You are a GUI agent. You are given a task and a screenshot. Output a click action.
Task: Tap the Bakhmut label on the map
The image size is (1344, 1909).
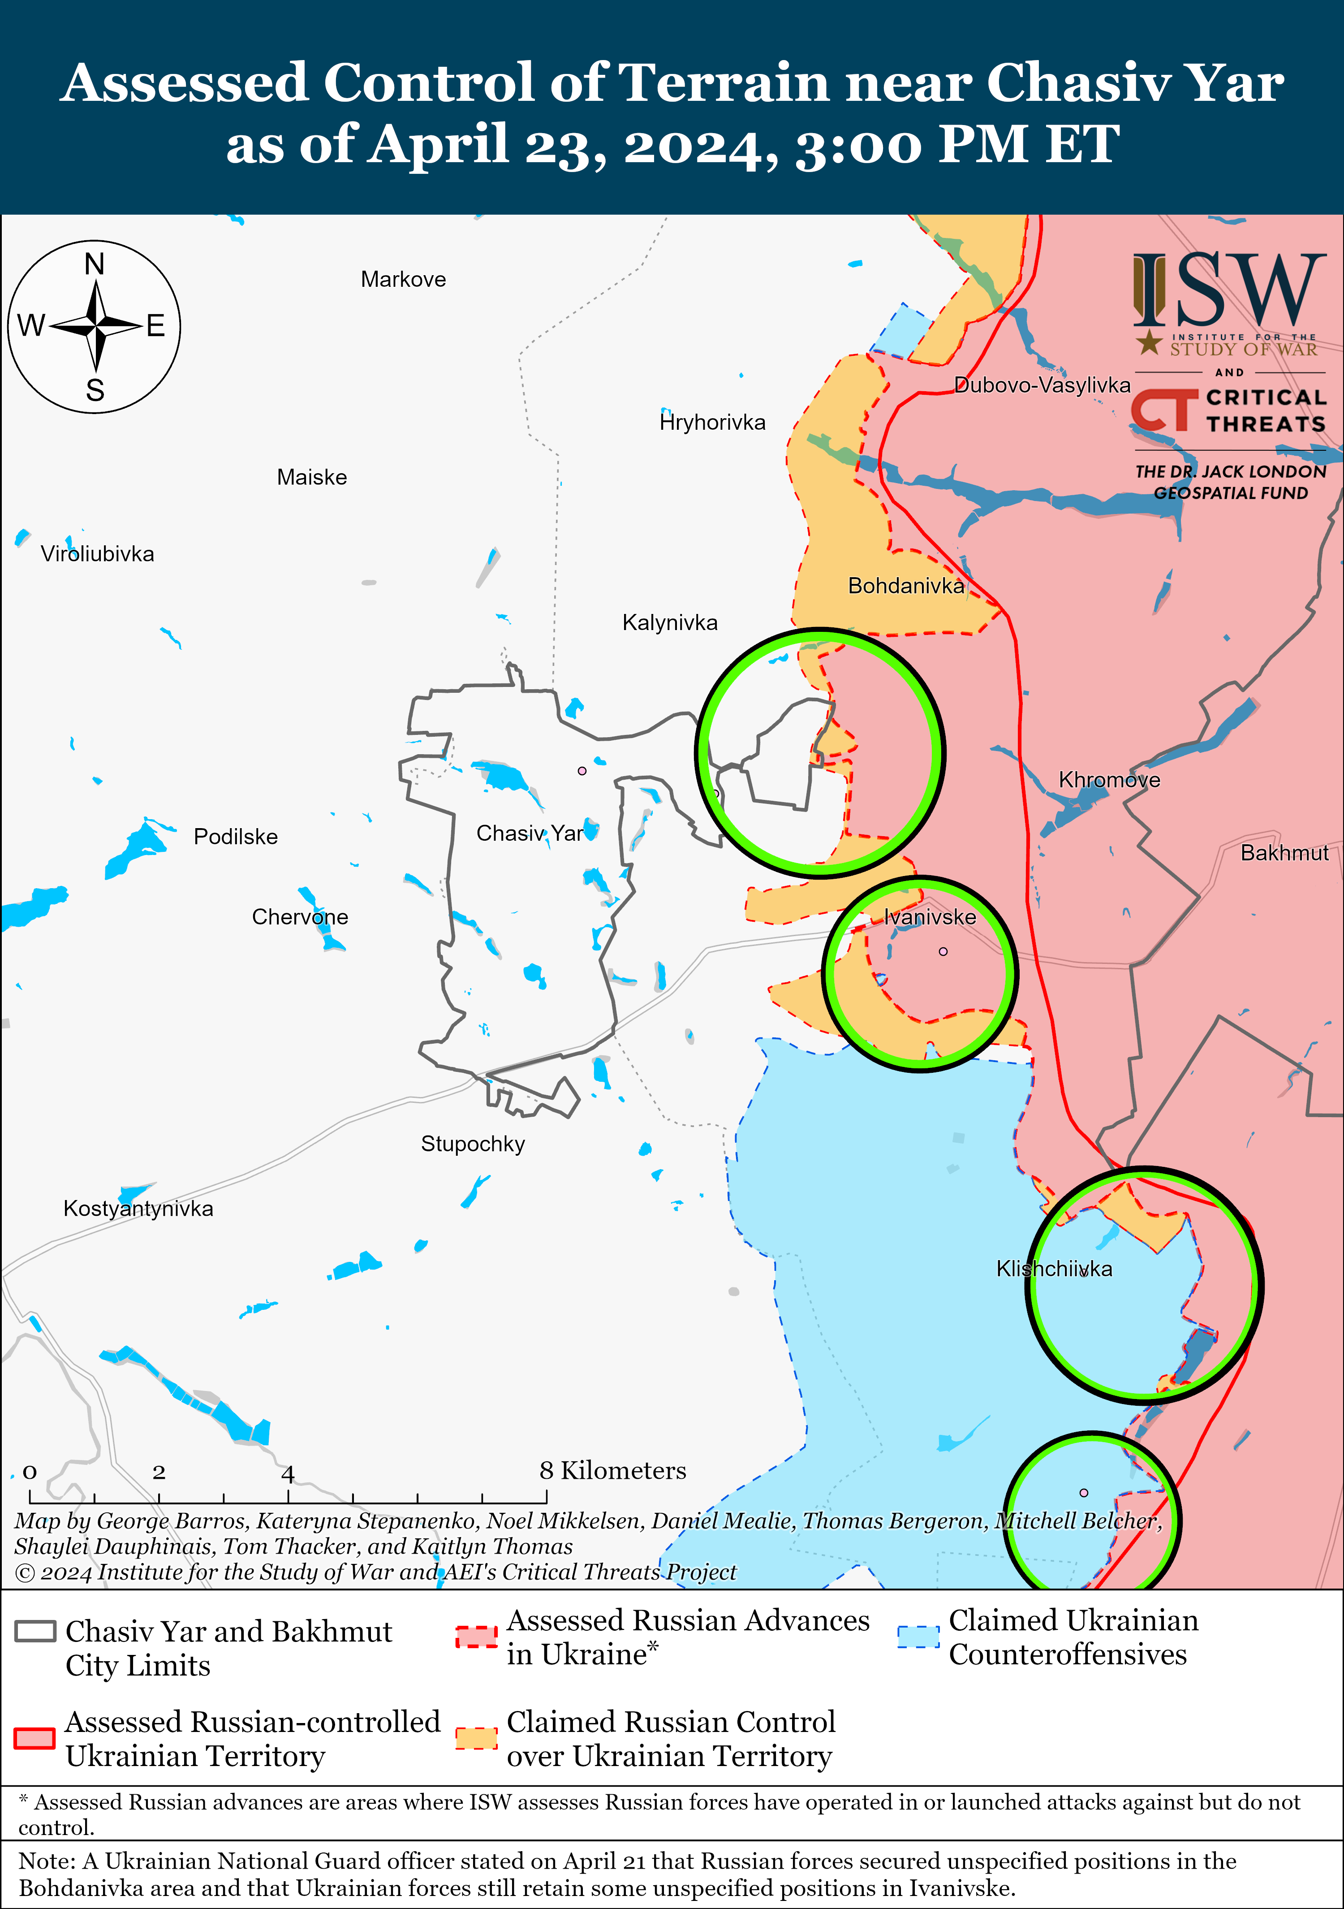tap(1284, 853)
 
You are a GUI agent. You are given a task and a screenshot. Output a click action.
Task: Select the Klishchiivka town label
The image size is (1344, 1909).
tap(1054, 1269)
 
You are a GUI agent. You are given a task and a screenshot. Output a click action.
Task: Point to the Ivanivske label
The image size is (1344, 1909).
tap(929, 917)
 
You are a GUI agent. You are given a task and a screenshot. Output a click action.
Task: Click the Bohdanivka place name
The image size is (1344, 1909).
tap(905, 586)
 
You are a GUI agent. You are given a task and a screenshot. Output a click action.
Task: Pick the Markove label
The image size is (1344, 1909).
tap(403, 279)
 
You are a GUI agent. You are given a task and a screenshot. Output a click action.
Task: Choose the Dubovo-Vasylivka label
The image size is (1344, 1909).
tap(1042, 385)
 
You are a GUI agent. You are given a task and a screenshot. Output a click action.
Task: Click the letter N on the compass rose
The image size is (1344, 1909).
tap(95, 264)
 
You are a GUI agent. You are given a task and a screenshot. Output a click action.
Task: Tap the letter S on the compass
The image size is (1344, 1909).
tap(95, 390)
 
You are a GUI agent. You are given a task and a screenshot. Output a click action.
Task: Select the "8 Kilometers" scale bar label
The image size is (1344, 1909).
tap(612, 1471)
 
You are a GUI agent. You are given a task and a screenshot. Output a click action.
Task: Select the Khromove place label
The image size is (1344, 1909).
tap(1109, 780)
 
